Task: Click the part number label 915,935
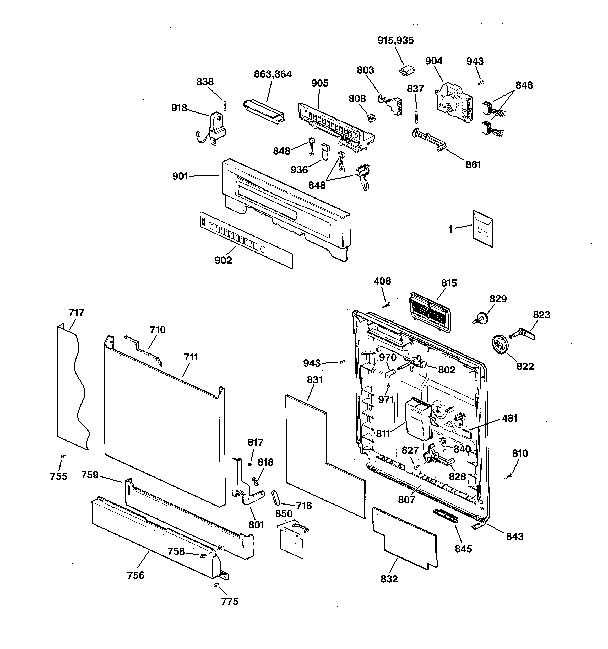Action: (395, 40)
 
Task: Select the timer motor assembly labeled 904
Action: (454, 103)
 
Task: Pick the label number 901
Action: (180, 176)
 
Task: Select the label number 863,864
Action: (273, 74)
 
